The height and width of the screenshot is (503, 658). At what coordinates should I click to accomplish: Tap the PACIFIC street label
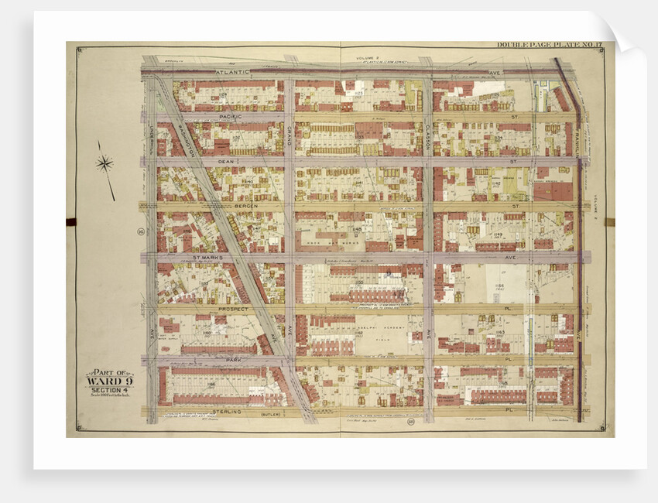tap(231, 116)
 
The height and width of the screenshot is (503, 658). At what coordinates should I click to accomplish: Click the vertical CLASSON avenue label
tap(427, 135)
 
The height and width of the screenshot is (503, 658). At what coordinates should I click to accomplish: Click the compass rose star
tap(105, 164)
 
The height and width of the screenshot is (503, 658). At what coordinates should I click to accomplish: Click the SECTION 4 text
tap(108, 389)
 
